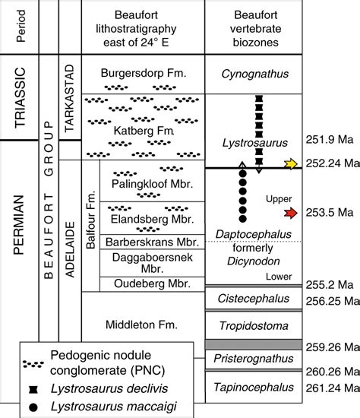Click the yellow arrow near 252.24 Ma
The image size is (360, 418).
[x=290, y=163]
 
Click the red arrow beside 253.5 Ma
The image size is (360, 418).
[x=290, y=213]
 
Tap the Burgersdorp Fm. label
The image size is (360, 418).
[x=144, y=73]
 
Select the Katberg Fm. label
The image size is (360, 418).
[x=144, y=131]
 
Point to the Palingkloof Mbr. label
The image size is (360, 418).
[x=152, y=184]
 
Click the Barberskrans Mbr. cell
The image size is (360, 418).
[x=152, y=242]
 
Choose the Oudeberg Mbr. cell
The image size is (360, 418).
[x=152, y=284]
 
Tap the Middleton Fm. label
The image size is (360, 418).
[x=141, y=325]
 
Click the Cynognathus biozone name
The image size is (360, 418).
[x=254, y=74]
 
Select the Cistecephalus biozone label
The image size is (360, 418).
[x=254, y=299]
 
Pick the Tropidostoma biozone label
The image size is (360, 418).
[x=254, y=326]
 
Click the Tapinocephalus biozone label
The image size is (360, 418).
[x=254, y=387]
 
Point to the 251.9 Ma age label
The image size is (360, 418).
[x=330, y=139]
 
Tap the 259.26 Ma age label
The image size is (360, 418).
[x=333, y=347]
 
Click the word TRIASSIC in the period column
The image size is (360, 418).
[x=21, y=97]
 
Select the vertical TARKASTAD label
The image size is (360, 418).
[x=69, y=98]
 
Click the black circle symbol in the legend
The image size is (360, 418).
[x=33, y=407]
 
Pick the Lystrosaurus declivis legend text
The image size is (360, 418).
[x=109, y=388]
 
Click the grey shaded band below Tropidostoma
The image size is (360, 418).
[x=254, y=344]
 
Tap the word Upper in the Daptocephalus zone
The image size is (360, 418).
[x=279, y=199]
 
